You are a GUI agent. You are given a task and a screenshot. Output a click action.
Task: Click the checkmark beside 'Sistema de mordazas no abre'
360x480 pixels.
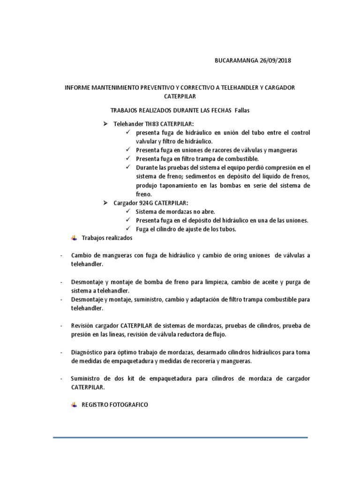click(x=128, y=212)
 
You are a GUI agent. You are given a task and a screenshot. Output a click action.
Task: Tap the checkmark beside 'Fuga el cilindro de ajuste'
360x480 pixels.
click(x=128, y=229)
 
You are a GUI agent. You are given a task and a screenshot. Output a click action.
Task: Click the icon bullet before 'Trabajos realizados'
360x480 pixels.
click(x=74, y=238)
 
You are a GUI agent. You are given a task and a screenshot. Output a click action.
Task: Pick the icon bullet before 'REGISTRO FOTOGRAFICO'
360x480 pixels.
click(x=74, y=404)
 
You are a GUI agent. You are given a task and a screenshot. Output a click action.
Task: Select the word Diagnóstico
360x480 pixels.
click(x=88, y=352)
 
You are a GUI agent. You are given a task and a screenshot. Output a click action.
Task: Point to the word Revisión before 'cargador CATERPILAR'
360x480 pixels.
click(x=83, y=326)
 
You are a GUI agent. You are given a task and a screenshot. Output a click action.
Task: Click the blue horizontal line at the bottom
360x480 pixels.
click(x=180, y=438)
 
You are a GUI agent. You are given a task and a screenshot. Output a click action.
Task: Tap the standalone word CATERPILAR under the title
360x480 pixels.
click(x=180, y=97)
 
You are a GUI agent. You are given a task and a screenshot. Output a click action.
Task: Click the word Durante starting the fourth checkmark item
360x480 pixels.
click(x=147, y=167)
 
